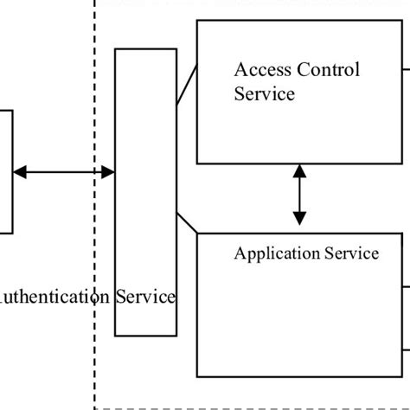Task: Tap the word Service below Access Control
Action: pyautogui.click(x=264, y=93)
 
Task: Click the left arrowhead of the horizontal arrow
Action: pyautogui.click(x=19, y=173)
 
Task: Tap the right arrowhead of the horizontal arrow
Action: pyautogui.click(x=108, y=173)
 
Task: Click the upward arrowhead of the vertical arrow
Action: pyautogui.click(x=299, y=170)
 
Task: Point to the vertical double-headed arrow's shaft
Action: pyautogui.click(x=299, y=195)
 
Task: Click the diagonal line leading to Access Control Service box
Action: pyautogui.click(x=187, y=86)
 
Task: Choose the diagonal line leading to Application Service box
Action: pyautogui.click(x=187, y=222)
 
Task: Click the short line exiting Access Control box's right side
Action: pyautogui.click(x=407, y=69)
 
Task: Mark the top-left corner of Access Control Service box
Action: pyautogui.click(x=198, y=22)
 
